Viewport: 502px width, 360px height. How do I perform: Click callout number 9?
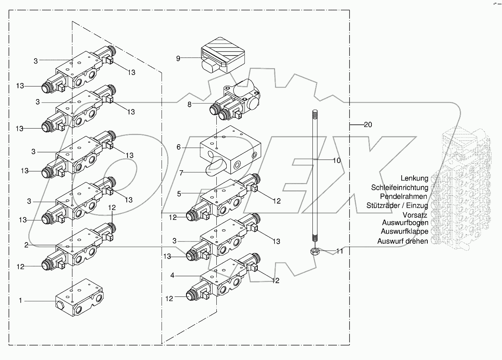pyautogui.click(x=178, y=59)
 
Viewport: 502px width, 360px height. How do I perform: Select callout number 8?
pyautogui.click(x=189, y=104)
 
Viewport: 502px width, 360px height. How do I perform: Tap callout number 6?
pyautogui.click(x=178, y=147)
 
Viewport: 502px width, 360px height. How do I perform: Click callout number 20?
pyautogui.click(x=368, y=124)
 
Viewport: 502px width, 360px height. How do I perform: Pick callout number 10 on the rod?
pyautogui.click(x=336, y=160)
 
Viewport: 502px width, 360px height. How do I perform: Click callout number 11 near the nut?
pyautogui.click(x=340, y=251)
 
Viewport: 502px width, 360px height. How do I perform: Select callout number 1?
pyautogui.click(x=21, y=301)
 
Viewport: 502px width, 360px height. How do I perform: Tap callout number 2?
pyautogui.click(x=26, y=245)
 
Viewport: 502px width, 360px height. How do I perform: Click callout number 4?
pyautogui.click(x=173, y=275)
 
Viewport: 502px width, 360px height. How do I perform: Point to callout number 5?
pyautogui.click(x=178, y=194)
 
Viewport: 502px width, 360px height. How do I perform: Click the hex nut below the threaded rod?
pyautogui.click(x=314, y=251)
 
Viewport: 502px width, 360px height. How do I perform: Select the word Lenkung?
pyautogui.click(x=414, y=178)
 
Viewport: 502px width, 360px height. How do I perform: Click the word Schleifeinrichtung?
pyautogui.click(x=399, y=187)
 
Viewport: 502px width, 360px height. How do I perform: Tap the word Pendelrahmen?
pyautogui.click(x=404, y=196)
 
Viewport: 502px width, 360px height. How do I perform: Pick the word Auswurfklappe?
pyautogui.click(x=404, y=231)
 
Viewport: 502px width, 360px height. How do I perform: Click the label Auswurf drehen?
pyautogui.click(x=402, y=241)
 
